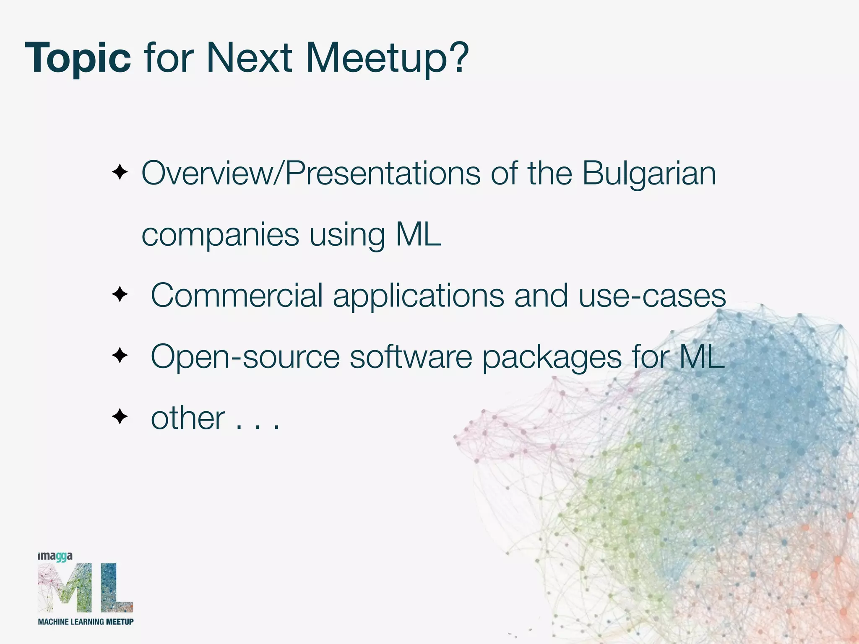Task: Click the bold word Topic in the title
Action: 78,59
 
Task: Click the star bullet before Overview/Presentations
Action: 120,172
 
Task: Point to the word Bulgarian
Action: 649,174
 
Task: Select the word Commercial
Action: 237,296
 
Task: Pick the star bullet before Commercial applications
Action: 120,295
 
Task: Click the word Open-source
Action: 245,357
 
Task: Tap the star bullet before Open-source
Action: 120,356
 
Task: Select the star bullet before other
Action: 120,417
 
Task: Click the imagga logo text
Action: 55,557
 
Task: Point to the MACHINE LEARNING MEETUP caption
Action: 86,622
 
